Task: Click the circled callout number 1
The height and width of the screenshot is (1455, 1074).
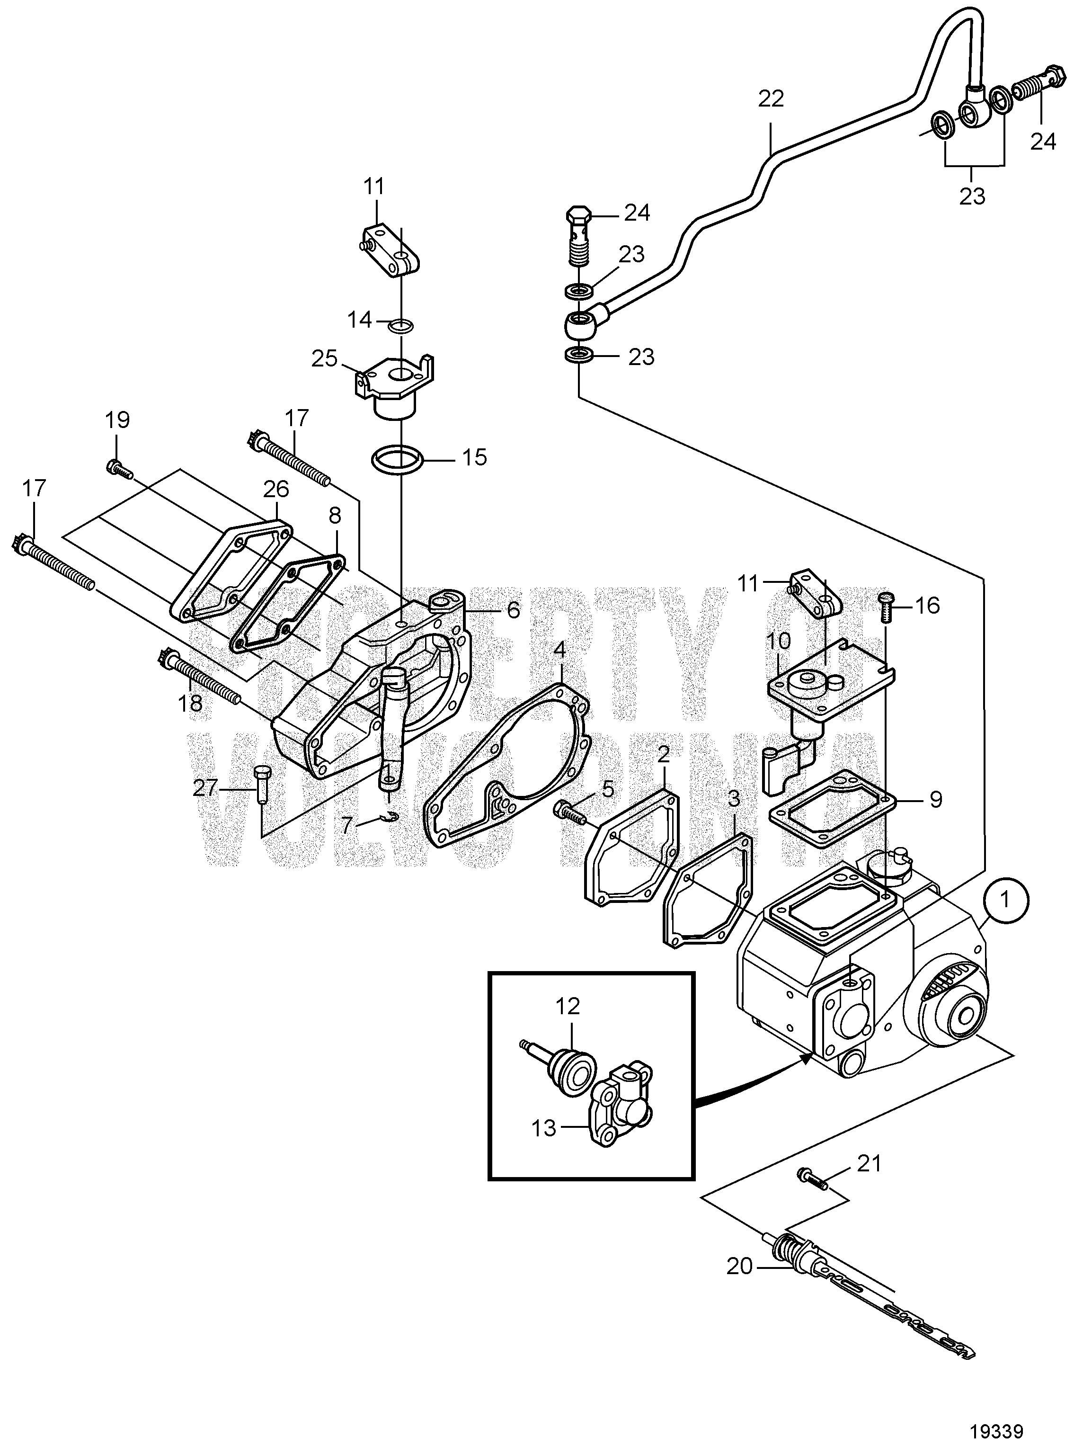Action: (1005, 900)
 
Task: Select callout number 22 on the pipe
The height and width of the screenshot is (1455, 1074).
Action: (771, 99)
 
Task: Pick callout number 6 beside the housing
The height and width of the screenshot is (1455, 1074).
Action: (513, 609)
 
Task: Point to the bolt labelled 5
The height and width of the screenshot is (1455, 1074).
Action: (569, 812)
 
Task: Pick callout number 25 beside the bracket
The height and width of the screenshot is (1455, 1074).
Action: (325, 358)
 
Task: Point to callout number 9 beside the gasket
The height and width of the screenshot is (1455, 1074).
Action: (935, 799)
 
